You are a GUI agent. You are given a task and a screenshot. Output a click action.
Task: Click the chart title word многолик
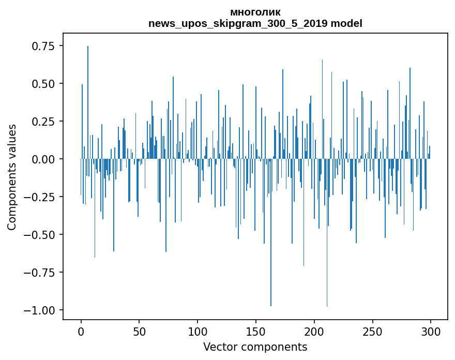click(x=255, y=12)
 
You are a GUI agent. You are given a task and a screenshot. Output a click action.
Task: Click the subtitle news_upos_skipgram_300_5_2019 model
click(x=255, y=23)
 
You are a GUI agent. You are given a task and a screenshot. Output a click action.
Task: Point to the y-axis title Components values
click(x=11, y=177)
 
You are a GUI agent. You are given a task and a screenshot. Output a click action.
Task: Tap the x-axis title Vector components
click(x=255, y=347)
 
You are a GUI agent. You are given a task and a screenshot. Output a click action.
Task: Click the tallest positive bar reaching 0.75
click(x=88, y=103)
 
